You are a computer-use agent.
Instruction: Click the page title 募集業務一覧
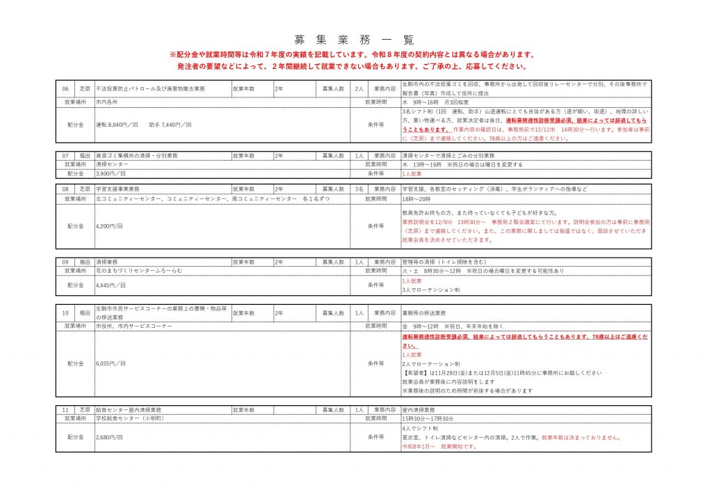pyautogui.click(x=355, y=39)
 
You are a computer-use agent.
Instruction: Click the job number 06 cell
pyautogui.click(x=65, y=89)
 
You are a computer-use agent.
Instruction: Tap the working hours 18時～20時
pyautogui.click(x=416, y=198)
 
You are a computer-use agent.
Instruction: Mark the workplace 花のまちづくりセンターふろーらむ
pyautogui.click(x=139, y=270)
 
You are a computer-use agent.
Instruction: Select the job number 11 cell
pyautogui.click(x=65, y=410)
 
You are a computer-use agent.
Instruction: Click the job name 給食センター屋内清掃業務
pyautogui.click(x=129, y=410)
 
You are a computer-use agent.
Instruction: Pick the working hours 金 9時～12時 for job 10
pyautogui.click(x=421, y=326)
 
